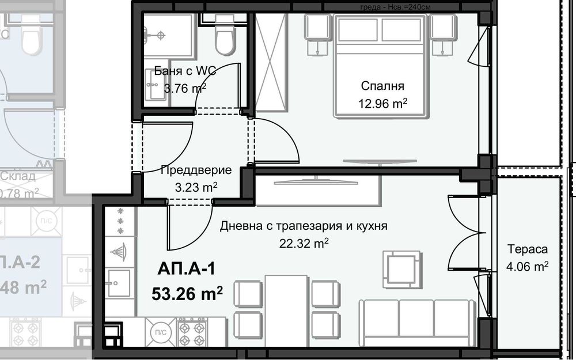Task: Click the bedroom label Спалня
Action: [x=382, y=86]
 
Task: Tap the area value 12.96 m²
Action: [x=382, y=104]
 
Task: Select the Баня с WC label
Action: [x=180, y=71]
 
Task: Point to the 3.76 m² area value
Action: [x=185, y=88]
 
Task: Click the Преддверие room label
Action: [x=196, y=170]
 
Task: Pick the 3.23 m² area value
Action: [x=196, y=187]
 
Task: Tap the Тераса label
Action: [x=526, y=249]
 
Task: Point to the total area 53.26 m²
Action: [x=187, y=294]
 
